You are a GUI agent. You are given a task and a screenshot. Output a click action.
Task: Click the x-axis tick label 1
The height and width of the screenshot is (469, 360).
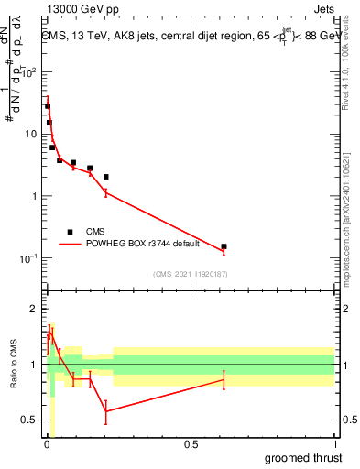pos(334,443)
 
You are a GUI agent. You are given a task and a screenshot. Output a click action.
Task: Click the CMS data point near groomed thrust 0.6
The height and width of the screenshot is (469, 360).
pos(224,246)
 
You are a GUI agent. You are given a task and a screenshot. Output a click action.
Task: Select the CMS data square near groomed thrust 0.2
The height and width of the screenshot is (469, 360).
pos(106,177)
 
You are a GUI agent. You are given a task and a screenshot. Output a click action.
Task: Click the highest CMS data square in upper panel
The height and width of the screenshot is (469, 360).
pos(47,106)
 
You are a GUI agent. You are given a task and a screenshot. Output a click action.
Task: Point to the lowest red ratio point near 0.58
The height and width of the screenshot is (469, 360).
pos(106,411)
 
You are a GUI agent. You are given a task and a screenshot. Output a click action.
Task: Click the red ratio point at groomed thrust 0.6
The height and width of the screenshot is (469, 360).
pos(224,379)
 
